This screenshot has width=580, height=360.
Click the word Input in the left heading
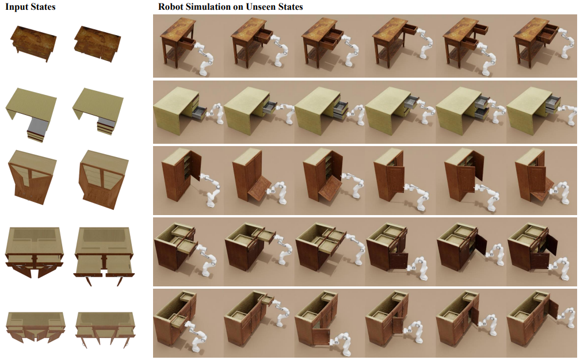(17, 7)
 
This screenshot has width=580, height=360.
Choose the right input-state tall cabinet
(103, 179)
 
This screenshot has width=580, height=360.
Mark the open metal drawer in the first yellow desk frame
(199, 112)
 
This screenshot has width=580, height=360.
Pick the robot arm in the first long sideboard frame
(197, 335)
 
